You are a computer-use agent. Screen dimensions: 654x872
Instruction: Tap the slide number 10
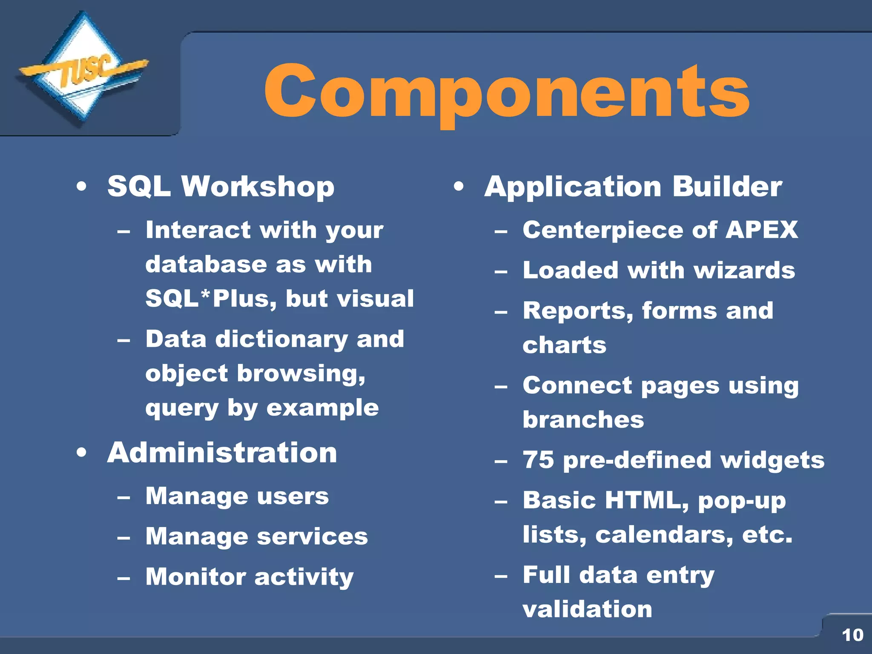[852, 635]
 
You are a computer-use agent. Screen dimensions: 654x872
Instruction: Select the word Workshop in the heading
[258, 187]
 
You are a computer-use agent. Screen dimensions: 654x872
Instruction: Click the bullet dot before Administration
[82, 453]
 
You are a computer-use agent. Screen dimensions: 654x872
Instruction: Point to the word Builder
[727, 186]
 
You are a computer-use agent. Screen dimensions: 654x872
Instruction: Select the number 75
[539, 460]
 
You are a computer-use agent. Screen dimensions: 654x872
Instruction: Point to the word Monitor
[195, 577]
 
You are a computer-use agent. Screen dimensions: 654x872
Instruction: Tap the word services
[313, 536]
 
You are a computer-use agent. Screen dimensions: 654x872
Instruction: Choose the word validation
[587, 609]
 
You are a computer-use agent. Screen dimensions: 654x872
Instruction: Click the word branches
[583, 420]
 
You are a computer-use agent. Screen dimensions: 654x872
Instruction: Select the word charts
[564, 345]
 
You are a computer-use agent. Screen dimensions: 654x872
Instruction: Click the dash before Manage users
[124, 497]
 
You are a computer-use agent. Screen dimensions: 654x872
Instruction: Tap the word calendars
[664, 535]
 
